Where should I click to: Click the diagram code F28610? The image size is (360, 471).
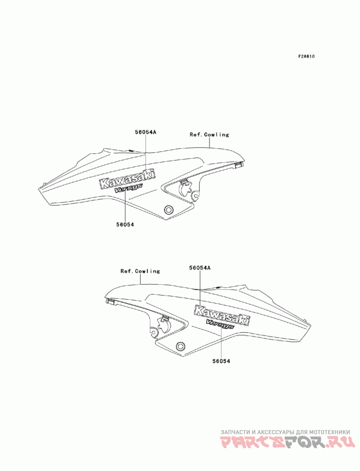(306, 56)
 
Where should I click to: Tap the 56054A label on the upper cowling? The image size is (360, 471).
(145, 132)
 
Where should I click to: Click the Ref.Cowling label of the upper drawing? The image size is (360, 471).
(209, 135)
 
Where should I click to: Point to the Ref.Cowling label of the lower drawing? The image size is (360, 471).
(140, 271)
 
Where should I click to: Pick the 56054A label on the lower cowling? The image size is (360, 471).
(200, 268)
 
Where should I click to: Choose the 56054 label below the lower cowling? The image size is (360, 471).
(221, 361)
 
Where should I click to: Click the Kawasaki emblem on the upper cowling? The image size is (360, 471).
(128, 179)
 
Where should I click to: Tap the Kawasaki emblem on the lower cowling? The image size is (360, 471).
(222, 315)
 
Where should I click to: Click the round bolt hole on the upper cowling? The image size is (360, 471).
(169, 210)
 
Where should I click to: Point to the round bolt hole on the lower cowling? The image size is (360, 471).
(181, 345)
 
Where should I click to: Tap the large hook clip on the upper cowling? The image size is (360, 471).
(184, 187)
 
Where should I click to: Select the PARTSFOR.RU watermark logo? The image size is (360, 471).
(285, 444)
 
